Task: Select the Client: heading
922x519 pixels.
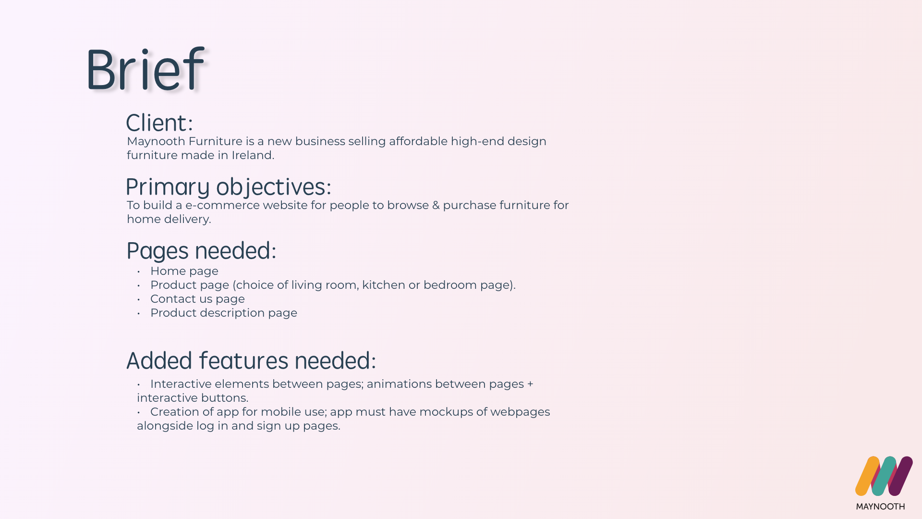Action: pos(159,123)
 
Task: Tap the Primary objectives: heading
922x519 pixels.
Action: pos(229,187)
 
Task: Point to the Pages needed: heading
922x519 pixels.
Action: pos(201,250)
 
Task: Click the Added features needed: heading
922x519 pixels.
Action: pos(251,360)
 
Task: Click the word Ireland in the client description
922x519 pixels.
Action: pos(253,155)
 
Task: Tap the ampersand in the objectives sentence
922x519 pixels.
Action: pos(436,205)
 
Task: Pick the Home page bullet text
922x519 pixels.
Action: pos(184,271)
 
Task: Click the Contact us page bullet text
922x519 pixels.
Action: pos(197,299)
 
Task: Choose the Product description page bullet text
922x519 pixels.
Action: pos(224,313)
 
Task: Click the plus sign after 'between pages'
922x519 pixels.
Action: pos(530,384)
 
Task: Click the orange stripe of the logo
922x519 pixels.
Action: pos(867,476)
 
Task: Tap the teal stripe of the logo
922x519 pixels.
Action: pos(884,476)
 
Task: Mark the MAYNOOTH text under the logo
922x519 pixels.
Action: pos(880,507)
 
